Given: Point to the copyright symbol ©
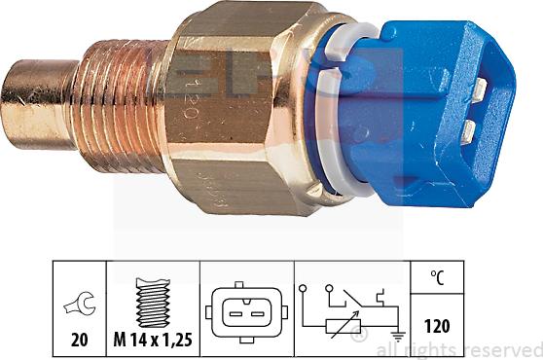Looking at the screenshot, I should click(361, 340).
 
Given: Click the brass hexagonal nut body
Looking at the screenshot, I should click(243, 107).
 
